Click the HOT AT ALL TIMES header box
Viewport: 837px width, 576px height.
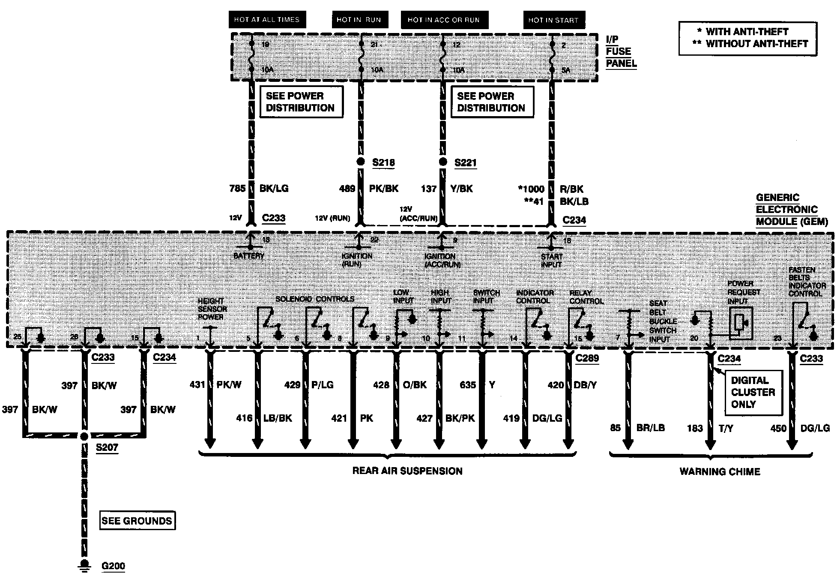coord(266,20)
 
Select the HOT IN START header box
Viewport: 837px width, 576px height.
coord(553,20)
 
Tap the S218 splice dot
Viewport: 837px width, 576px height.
coord(361,162)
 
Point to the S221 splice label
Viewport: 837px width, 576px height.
coord(465,163)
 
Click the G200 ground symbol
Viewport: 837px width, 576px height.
coord(84,565)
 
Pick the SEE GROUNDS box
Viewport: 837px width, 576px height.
coord(137,521)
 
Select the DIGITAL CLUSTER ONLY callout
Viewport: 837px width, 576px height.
coord(753,392)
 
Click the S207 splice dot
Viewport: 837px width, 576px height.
coord(84,436)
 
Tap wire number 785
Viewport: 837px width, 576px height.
coord(237,189)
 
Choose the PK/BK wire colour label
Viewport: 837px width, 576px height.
coord(384,189)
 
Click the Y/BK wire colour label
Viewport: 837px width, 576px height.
coord(461,189)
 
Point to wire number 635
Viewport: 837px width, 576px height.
coord(468,385)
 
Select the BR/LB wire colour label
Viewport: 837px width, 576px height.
coord(651,428)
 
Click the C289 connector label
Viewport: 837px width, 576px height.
coord(587,358)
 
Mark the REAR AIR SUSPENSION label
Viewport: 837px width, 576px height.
coord(407,471)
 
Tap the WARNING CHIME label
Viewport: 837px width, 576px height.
coord(720,472)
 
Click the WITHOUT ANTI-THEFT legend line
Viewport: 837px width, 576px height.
coord(750,44)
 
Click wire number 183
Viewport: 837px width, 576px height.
coord(695,428)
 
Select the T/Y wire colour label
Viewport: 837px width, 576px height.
coord(726,428)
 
